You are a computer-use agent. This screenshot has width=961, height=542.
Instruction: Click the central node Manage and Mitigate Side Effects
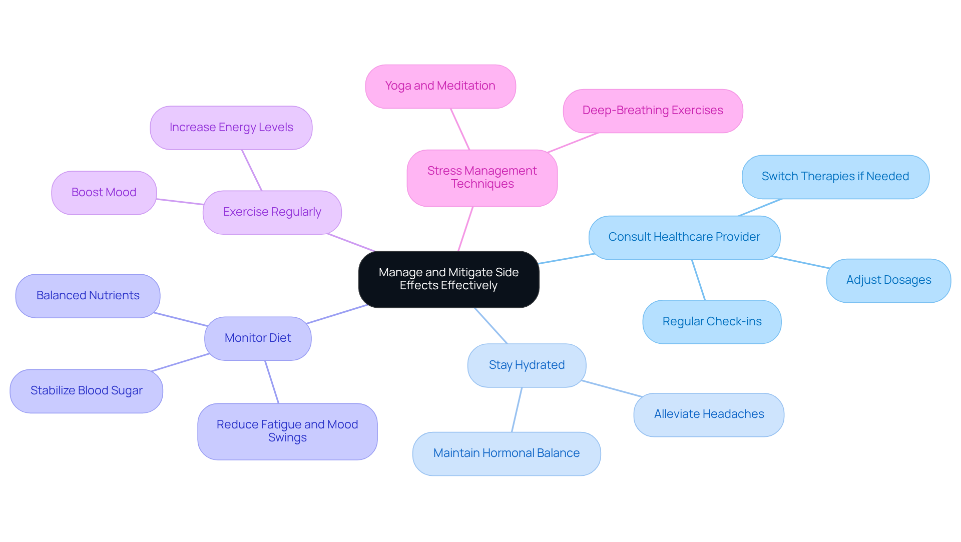coord(448,279)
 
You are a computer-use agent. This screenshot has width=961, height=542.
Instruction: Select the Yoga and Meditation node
coord(440,86)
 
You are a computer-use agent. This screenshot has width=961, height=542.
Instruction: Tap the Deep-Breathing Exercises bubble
coord(652,111)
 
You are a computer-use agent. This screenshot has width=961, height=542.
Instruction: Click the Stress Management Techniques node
coord(482,178)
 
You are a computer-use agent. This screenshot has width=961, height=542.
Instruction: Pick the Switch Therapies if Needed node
coord(835,177)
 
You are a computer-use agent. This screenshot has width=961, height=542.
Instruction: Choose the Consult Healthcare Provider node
coord(684,237)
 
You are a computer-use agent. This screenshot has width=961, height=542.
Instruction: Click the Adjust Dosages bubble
coord(888,280)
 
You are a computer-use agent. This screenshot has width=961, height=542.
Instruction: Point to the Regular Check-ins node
coord(711,322)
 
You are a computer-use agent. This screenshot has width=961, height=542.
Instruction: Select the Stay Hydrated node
coord(526,365)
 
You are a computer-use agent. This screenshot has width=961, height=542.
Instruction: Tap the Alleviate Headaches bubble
coord(708,414)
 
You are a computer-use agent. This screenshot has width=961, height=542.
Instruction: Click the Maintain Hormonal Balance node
coord(506,453)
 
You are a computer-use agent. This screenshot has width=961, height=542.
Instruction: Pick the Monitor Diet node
coord(257,338)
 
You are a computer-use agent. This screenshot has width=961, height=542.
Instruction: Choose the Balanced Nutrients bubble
coord(88,296)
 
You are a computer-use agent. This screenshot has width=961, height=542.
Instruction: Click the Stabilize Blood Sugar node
coord(86,391)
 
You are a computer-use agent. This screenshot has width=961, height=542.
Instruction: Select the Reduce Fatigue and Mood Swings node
coord(287,431)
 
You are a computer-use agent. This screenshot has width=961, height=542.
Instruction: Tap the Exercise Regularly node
coord(272,212)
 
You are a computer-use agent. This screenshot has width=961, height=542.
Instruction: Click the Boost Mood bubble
coord(104,193)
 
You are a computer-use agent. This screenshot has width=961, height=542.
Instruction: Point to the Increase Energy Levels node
coord(231,128)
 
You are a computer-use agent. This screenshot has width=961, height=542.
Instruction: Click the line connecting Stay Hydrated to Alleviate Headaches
coord(612,388)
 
